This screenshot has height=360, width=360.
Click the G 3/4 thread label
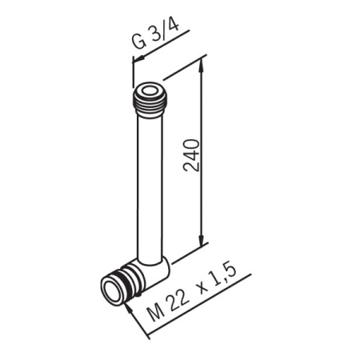coord(156,34)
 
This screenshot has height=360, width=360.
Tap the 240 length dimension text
coord(191,155)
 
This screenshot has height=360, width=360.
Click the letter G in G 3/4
coord(139,42)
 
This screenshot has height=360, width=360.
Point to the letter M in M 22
coord(156,313)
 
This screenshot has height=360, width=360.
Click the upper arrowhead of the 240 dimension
coord(202,66)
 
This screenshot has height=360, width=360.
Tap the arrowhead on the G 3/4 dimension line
coord(138,59)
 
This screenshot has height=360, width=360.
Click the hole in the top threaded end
coord(150,91)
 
